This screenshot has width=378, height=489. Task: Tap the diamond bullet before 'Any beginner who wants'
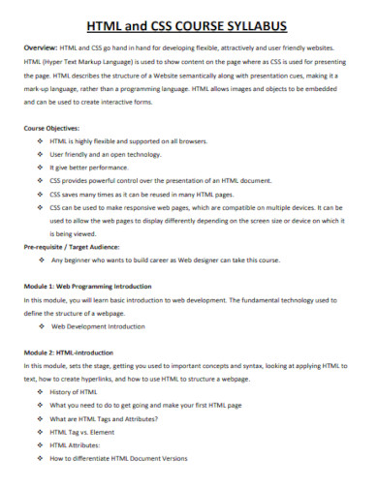[39, 260]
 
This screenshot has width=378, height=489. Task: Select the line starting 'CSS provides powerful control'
[160, 180]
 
